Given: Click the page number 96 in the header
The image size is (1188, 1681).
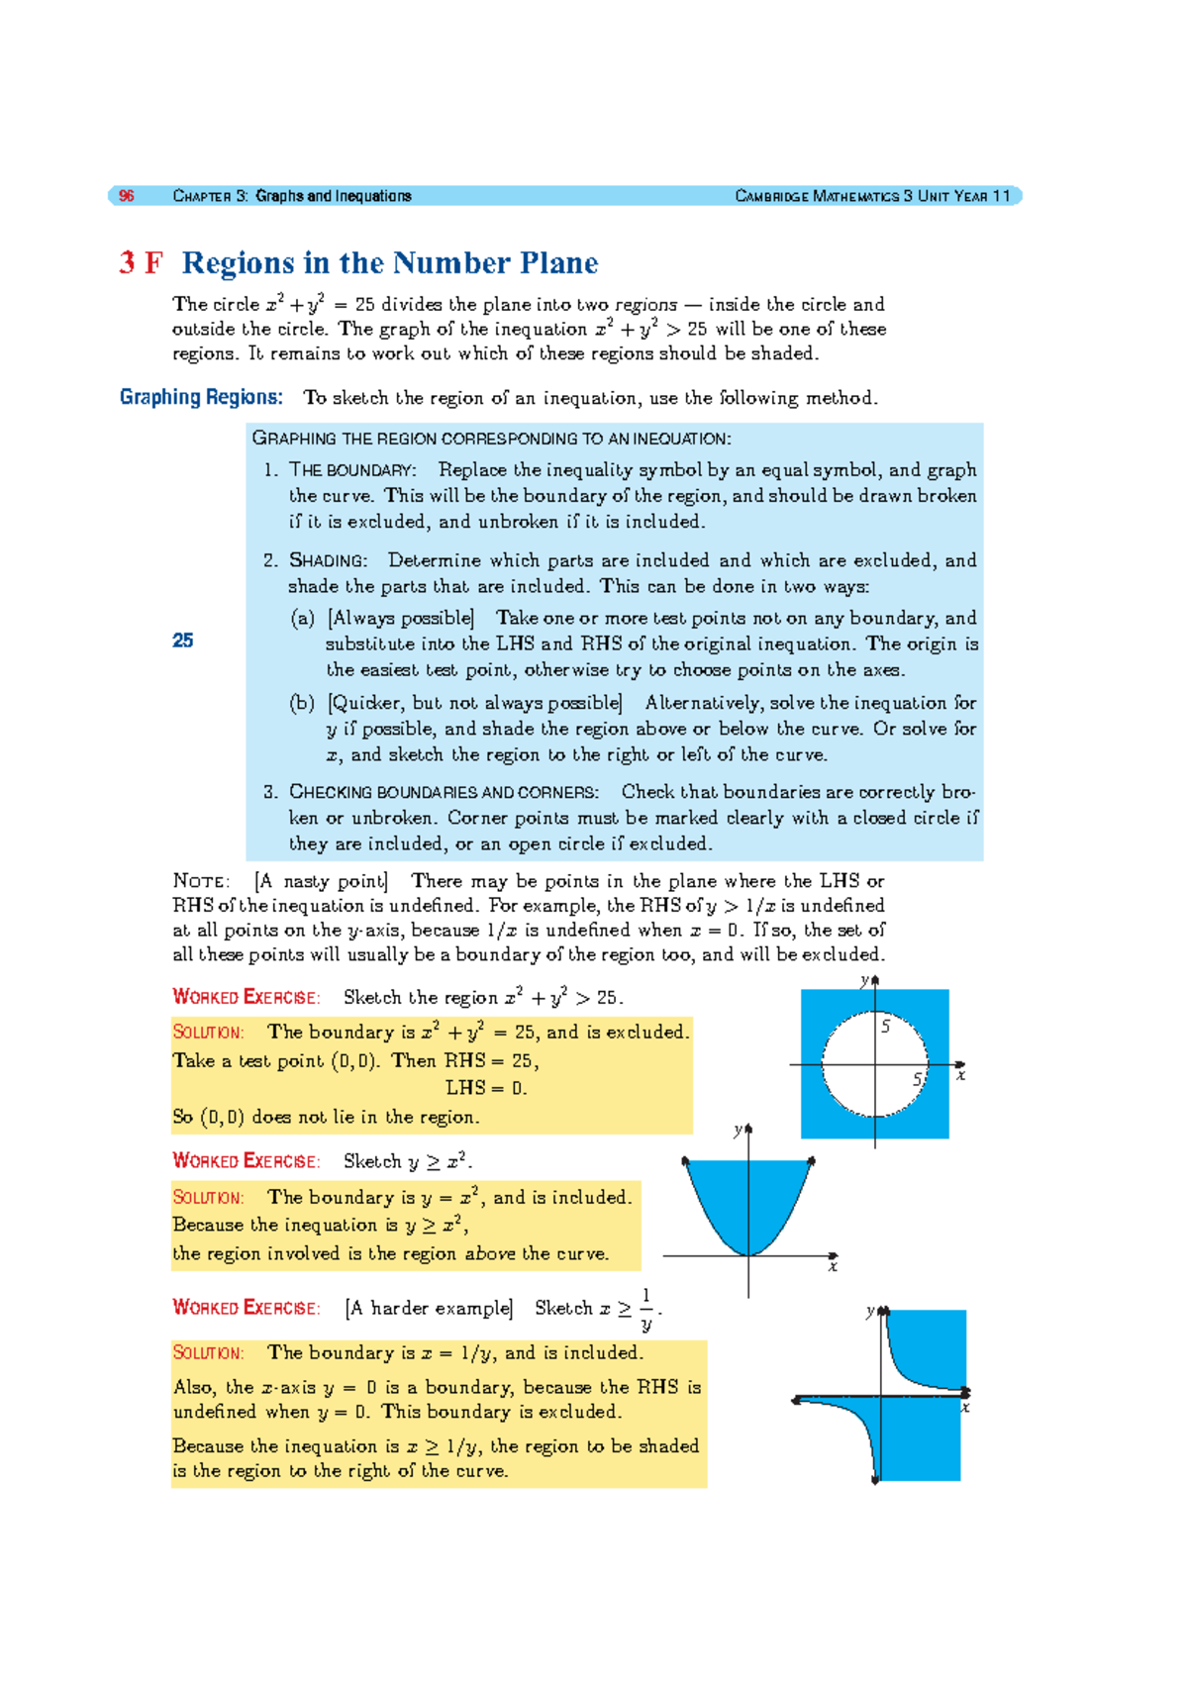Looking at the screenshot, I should coord(127,196).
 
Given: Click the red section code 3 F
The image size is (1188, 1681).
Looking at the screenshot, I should coord(141,263).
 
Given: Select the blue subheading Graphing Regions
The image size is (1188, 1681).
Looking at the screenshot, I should coord(201,397).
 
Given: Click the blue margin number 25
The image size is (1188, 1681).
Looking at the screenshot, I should coord(182,641).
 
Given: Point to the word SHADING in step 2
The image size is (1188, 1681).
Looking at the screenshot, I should coord(328,560).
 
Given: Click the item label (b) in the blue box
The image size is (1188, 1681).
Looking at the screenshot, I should coord(302,703).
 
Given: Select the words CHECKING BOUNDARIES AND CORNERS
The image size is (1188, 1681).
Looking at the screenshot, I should coord(444,792).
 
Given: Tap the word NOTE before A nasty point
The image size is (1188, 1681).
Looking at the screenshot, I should coord(201,881).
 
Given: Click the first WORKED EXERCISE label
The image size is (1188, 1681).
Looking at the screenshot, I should coord(246,997).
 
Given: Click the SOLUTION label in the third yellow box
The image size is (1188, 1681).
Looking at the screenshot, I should coord(208,1352).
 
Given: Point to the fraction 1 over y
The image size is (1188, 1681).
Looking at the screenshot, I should coord(646,1309).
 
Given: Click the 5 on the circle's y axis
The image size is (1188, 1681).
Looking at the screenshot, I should coord(885,1027).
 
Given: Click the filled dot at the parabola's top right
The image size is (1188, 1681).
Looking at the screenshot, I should coord(812,1160).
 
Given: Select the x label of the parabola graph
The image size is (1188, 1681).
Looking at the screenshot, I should coord(833,1267).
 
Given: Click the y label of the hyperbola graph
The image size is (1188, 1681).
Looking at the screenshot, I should coord(870,1311).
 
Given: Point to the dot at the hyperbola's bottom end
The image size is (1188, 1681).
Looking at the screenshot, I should coord(875,1480).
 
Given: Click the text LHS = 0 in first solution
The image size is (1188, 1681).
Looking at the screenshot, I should coord(485,1088).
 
